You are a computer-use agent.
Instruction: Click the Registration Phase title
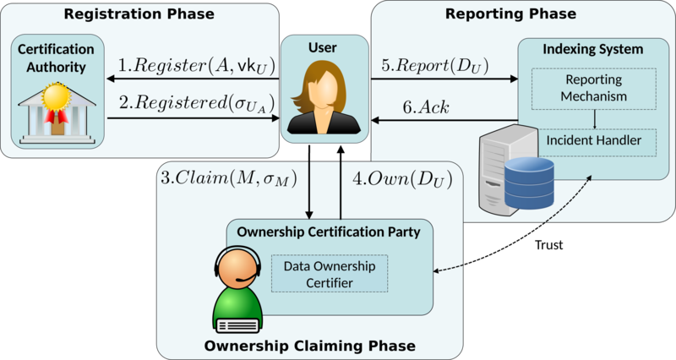(139, 14)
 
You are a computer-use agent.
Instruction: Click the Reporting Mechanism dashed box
(594, 89)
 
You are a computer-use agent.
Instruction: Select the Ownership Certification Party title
(335, 232)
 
